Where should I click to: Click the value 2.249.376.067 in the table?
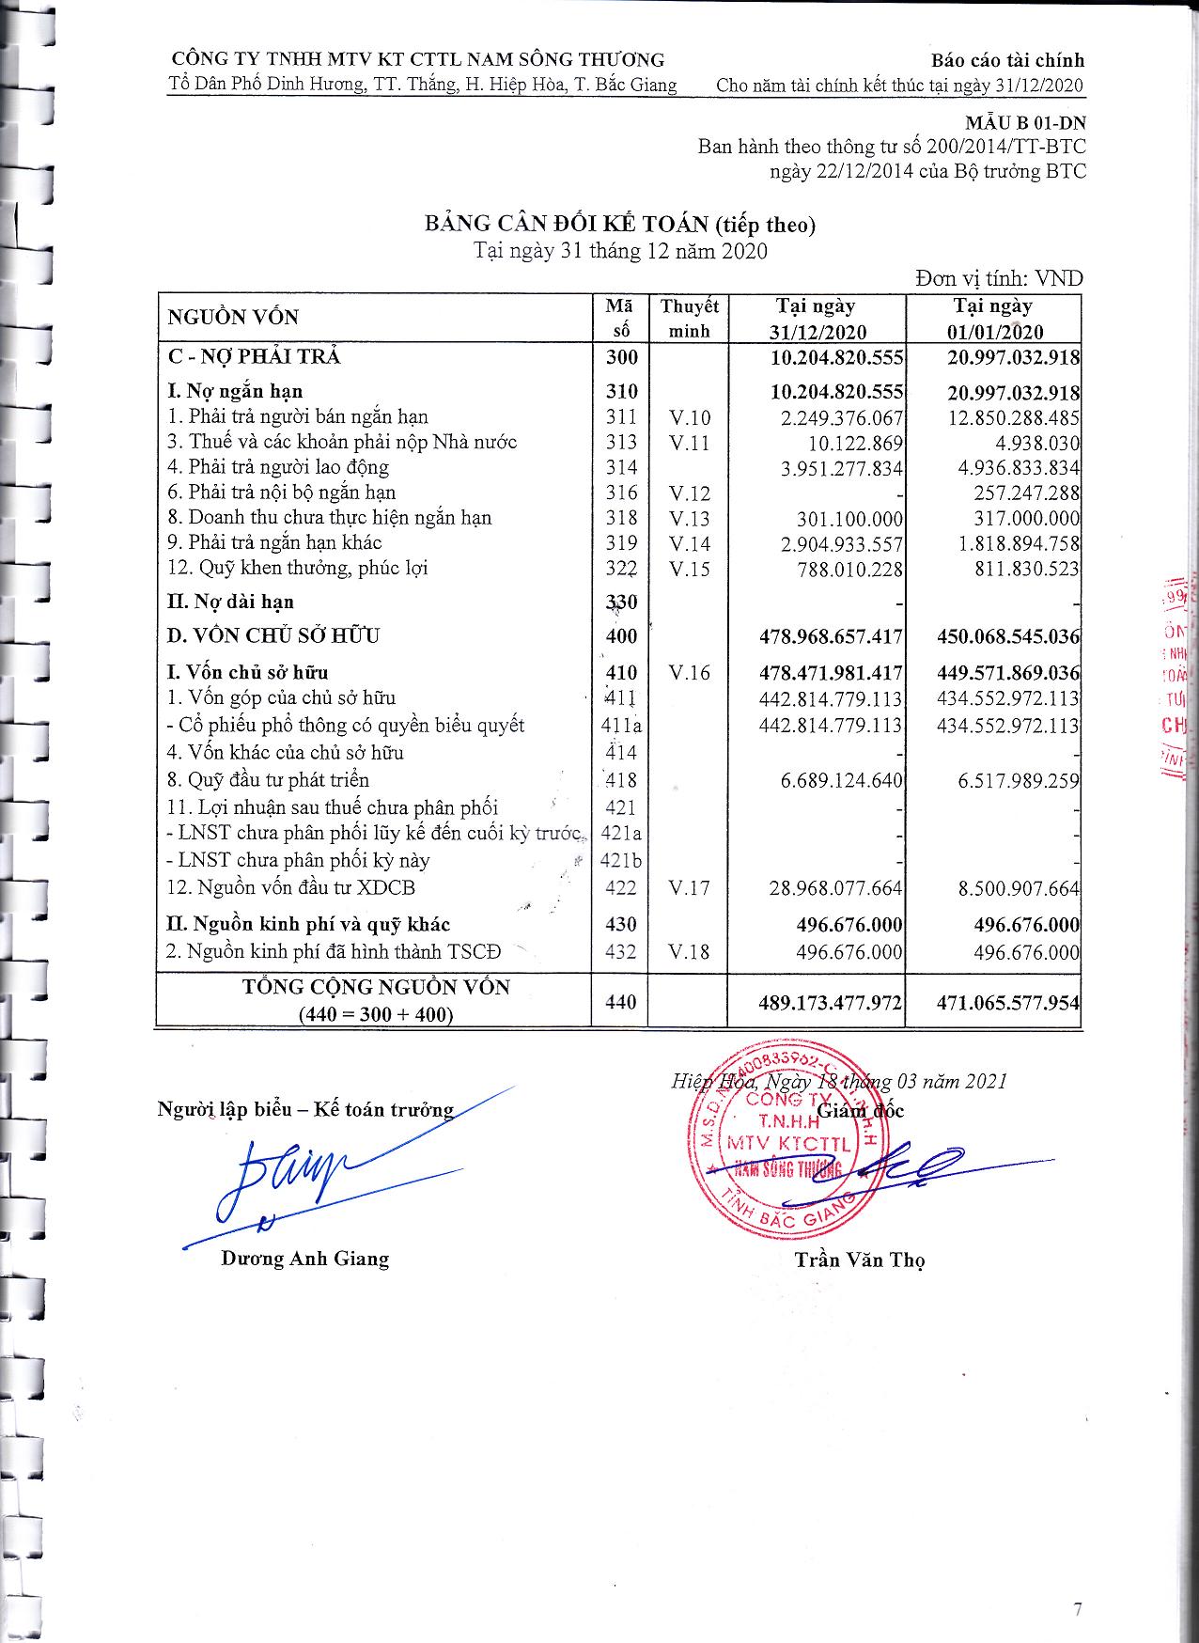(841, 417)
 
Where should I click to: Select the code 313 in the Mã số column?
(621, 442)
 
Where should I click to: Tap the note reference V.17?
(689, 887)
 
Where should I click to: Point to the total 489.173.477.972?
(830, 1002)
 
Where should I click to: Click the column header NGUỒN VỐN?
(233, 318)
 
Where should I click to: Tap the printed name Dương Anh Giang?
(304, 1259)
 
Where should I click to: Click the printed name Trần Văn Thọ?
(859, 1260)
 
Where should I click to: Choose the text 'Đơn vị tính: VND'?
(1000, 278)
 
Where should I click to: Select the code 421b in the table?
(620, 860)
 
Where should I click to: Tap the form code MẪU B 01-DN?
(1025, 122)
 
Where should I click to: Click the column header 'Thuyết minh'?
(689, 318)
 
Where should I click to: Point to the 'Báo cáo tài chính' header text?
(1007, 60)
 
